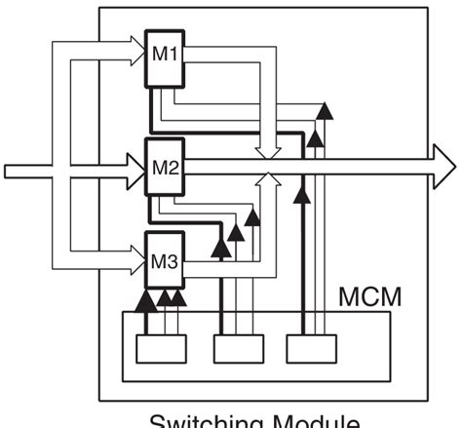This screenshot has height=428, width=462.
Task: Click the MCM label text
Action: (x=371, y=293)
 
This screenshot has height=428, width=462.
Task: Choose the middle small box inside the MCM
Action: (x=234, y=349)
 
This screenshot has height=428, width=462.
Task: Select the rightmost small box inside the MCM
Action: (x=310, y=349)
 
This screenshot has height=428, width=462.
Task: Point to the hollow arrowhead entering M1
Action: (x=135, y=43)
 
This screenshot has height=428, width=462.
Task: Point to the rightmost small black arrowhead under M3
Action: (x=179, y=295)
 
